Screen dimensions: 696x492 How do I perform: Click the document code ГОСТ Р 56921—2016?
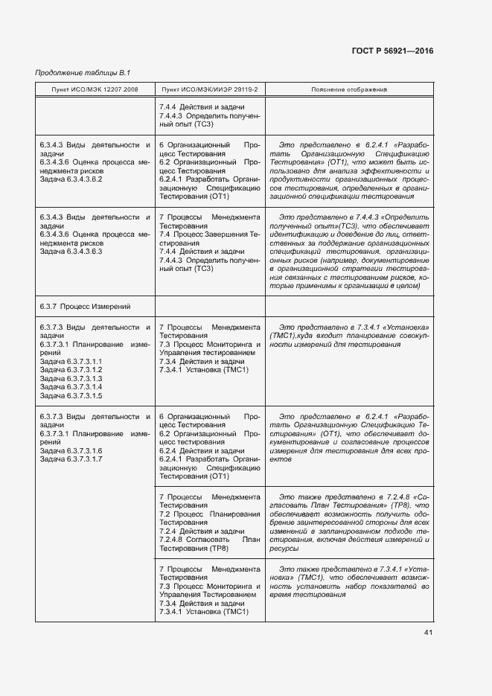(x=392, y=51)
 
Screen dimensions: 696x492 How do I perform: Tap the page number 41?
(x=428, y=633)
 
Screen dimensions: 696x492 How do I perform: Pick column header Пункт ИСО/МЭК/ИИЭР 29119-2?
(x=210, y=90)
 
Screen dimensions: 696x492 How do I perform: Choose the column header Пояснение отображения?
(x=348, y=90)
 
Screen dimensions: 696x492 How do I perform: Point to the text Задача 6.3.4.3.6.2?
(x=71, y=179)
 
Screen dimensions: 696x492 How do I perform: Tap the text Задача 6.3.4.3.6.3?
(x=71, y=252)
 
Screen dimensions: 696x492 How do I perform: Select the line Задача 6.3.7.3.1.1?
(x=71, y=361)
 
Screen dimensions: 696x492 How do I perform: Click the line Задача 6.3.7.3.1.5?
(x=71, y=395)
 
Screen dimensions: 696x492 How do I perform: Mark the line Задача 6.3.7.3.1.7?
(x=71, y=459)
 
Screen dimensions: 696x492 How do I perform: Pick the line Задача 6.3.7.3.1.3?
(x=71, y=378)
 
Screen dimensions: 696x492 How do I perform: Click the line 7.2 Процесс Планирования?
(x=209, y=514)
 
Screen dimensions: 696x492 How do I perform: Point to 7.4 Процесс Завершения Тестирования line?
(x=209, y=234)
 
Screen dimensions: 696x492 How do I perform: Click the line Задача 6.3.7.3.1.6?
(x=71, y=451)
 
